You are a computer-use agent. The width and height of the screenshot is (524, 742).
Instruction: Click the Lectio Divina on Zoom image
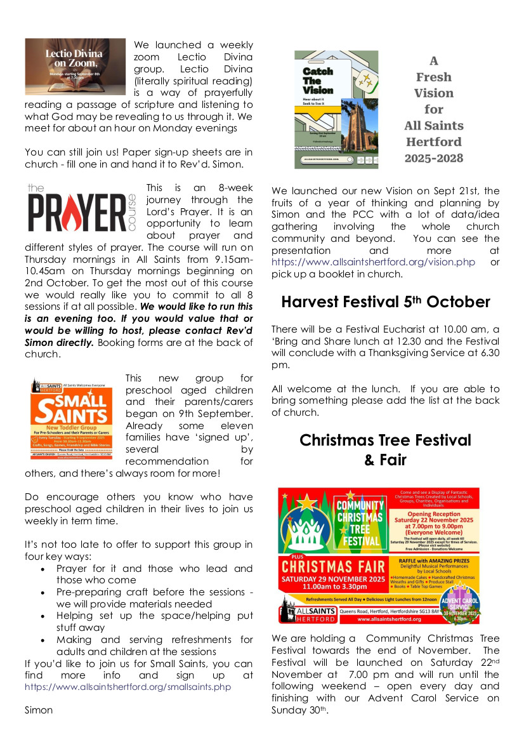pyautogui.click(x=75, y=67)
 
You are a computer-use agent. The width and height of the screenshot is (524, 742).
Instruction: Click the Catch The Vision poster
pyautogui.click(x=336, y=110)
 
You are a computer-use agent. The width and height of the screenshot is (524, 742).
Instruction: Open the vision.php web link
pyautogui.click(x=374, y=262)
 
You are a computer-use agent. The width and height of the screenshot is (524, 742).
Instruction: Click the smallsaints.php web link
pyautogui.click(x=128, y=686)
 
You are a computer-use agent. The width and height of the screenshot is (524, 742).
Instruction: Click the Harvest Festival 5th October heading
pyautogui.click(x=385, y=302)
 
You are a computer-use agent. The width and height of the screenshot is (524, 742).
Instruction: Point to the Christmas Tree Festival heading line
pyautogui.click(x=385, y=441)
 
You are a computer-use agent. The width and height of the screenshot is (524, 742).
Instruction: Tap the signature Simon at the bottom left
pyautogui.click(x=39, y=710)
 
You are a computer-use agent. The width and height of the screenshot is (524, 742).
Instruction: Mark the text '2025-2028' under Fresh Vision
pyautogui.click(x=434, y=158)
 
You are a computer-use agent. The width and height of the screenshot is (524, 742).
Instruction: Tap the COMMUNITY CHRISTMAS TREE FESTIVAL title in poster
pyautogui.click(x=359, y=523)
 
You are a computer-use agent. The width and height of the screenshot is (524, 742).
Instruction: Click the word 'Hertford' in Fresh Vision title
pyautogui.click(x=434, y=142)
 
